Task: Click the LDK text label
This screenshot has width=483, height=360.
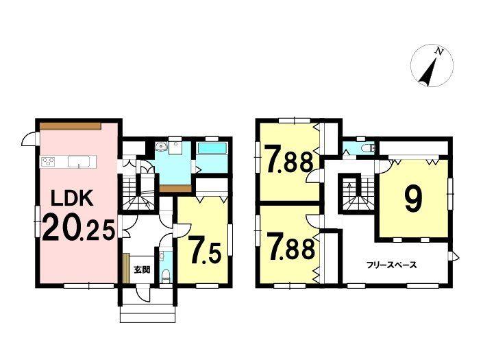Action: (x=72, y=198)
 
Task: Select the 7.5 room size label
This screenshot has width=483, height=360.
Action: (x=205, y=250)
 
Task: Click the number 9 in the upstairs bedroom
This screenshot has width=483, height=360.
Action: (x=414, y=199)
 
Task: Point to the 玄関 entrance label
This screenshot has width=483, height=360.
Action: (x=142, y=270)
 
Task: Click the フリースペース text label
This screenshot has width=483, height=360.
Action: (x=391, y=265)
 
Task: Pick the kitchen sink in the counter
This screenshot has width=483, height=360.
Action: (x=79, y=162)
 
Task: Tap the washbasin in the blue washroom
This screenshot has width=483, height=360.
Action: (x=160, y=147)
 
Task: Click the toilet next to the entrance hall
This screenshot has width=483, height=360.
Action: (x=166, y=275)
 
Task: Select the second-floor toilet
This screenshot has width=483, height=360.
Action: (x=369, y=149)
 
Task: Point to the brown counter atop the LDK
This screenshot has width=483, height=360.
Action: (x=71, y=125)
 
